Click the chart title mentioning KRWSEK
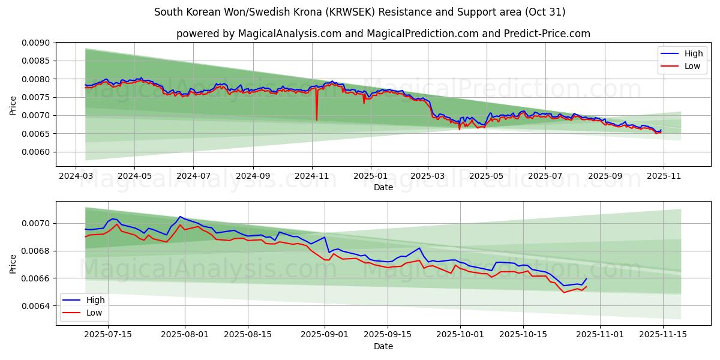pos(359,12)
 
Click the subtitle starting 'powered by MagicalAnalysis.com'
pos(383,34)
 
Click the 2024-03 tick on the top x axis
pos(76,176)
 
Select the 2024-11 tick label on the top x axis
pos(311,176)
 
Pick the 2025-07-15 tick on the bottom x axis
pos(109,334)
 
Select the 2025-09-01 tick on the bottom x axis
pos(325,334)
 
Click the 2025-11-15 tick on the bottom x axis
pos(663,334)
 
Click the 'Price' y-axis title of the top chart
pos(13,104)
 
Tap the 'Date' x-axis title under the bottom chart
pos(383,346)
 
